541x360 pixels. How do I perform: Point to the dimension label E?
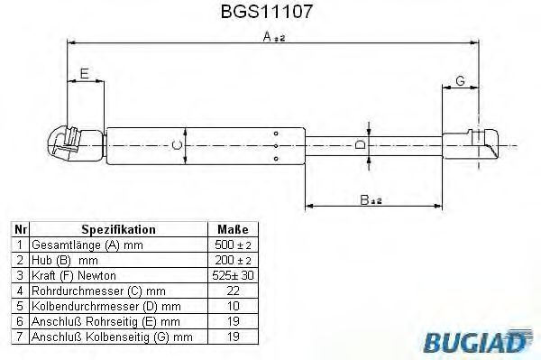(x=84, y=75)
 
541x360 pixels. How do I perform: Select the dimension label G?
(x=460, y=81)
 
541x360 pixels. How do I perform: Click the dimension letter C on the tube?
(x=178, y=144)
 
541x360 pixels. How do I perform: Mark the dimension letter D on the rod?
(x=360, y=144)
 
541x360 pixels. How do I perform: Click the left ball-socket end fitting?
(x=65, y=143)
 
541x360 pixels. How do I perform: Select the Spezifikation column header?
(x=118, y=230)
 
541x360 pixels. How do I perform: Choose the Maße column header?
(x=232, y=230)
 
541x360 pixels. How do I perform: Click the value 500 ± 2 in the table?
(x=233, y=245)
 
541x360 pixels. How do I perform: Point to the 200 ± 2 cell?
(x=233, y=259)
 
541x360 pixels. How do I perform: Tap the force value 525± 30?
(x=233, y=274)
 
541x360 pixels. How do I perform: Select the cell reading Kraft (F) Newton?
(x=74, y=274)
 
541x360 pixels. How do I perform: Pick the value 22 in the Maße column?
(x=233, y=290)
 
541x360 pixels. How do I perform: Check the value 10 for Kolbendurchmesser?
(x=233, y=305)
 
